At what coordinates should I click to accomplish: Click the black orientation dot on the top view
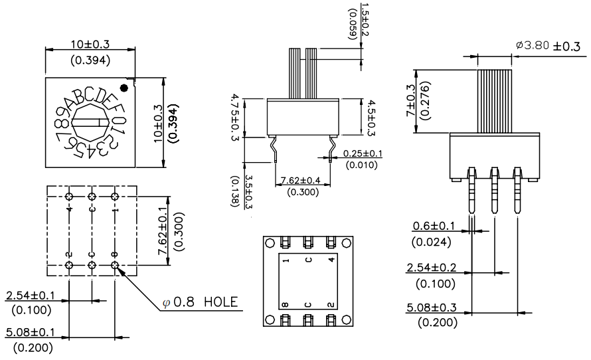124,88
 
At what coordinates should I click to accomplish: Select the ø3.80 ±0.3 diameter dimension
548,46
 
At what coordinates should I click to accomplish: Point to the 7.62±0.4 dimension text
301,180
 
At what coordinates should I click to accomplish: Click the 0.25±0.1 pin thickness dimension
363,153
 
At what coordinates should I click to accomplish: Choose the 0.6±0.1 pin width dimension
434,226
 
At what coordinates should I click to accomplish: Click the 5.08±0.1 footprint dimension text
31,332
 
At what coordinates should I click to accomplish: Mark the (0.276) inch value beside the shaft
426,101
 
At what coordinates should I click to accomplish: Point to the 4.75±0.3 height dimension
235,118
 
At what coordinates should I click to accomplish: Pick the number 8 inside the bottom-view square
286,305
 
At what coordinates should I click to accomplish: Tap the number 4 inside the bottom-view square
331,259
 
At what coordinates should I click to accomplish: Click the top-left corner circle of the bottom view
270,243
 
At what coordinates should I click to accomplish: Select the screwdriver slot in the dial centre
90,122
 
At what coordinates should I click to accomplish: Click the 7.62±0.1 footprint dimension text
163,231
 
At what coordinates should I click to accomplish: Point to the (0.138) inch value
235,191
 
